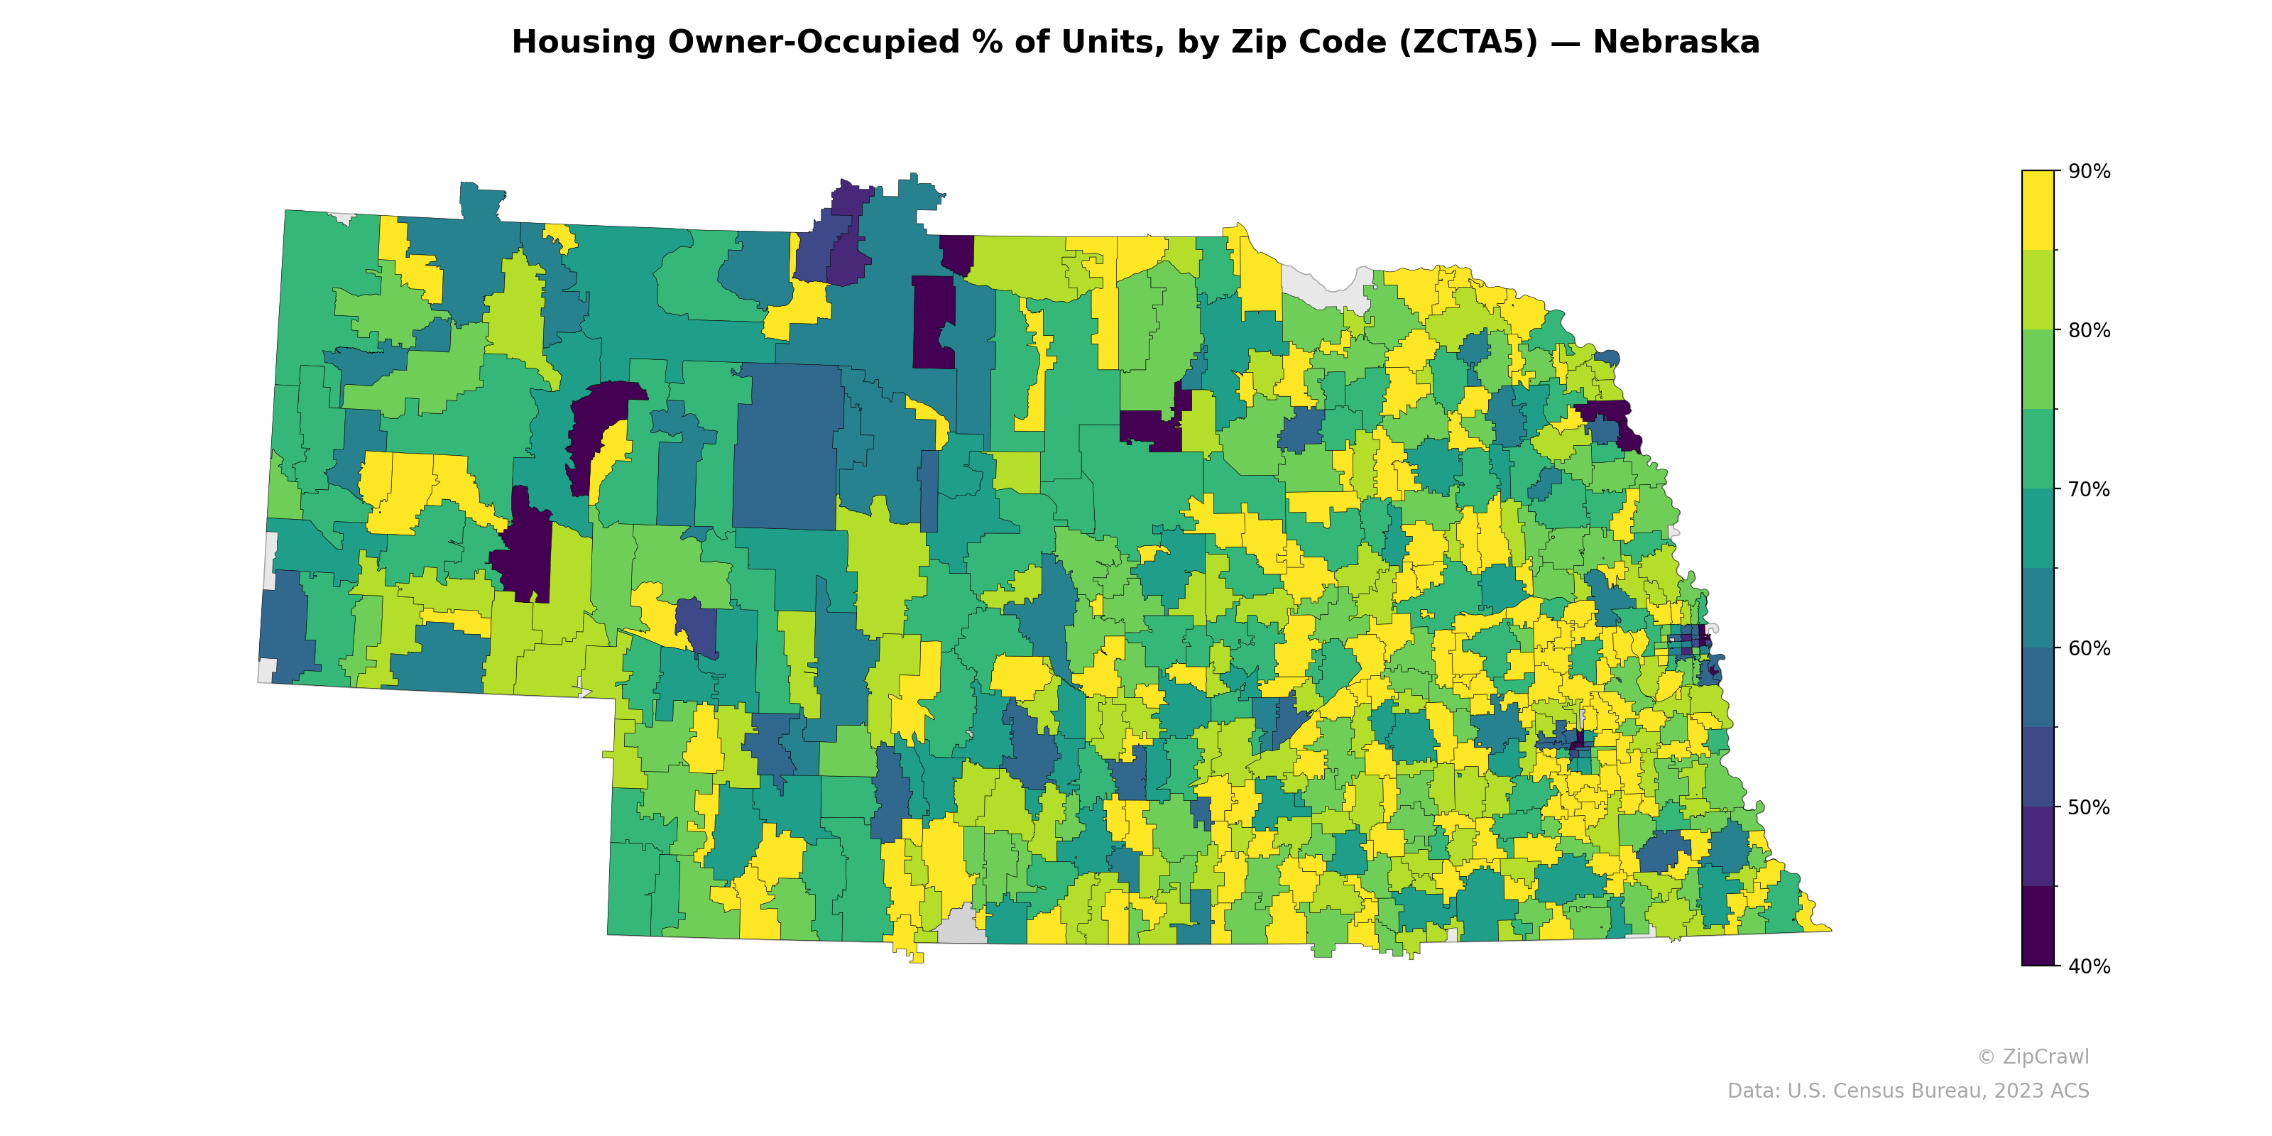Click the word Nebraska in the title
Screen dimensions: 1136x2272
click(x=1675, y=43)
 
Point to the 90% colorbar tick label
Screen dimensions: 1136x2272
click(x=2089, y=172)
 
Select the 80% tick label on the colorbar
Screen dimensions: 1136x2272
click(x=2089, y=331)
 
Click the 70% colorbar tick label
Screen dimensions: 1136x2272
click(x=2089, y=489)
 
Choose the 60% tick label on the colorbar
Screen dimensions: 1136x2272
click(x=2089, y=648)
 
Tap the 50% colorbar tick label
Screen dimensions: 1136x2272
click(x=2089, y=807)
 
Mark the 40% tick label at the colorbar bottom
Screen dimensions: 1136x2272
click(x=2089, y=966)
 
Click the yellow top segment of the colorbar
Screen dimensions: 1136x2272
click(x=2038, y=210)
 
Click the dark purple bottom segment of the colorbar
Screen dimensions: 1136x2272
click(x=2038, y=926)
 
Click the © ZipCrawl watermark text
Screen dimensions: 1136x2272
click(x=2032, y=1056)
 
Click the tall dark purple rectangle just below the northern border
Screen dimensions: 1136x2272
click(x=933, y=322)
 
